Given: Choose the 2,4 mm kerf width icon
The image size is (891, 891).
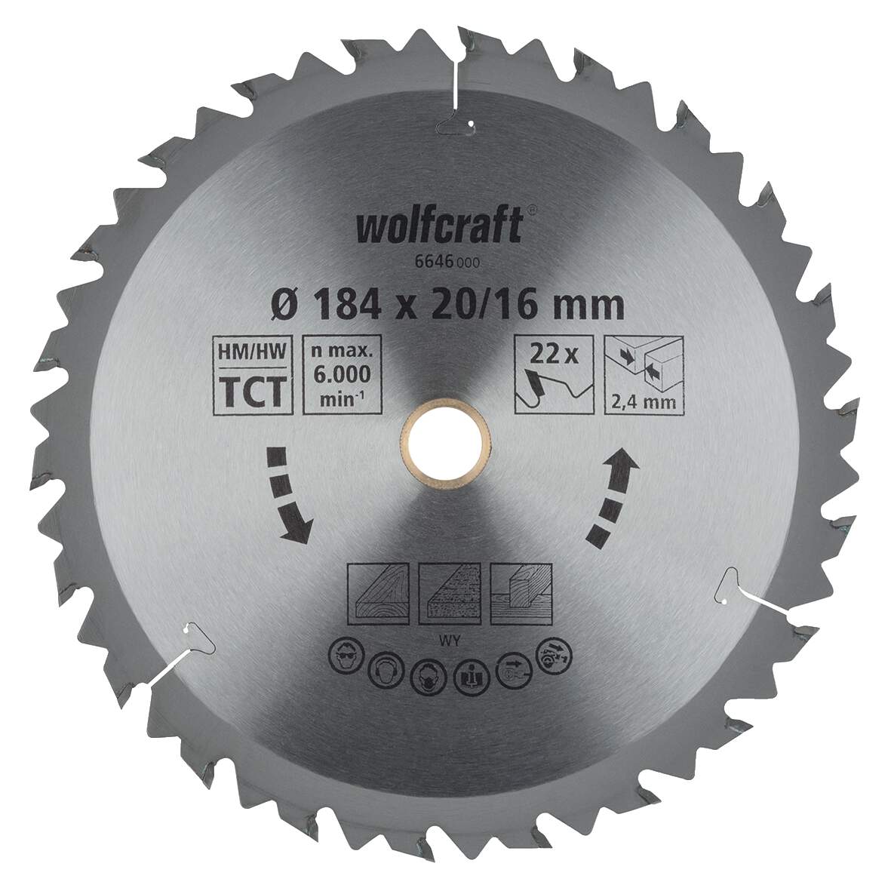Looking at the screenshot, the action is [x=644, y=373].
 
